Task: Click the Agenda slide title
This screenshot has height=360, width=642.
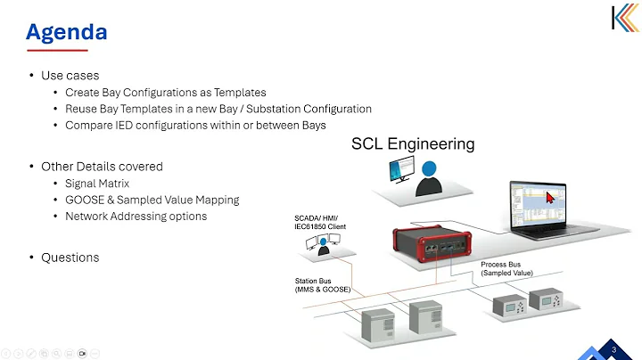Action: [66, 32]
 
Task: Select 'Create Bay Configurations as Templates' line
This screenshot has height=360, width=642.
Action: [165, 93]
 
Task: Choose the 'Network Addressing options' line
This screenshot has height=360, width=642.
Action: [136, 216]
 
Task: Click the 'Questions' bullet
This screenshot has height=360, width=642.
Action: [70, 258]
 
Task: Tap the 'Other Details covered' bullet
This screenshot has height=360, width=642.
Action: [102, 167]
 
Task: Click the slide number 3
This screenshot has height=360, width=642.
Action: [613, 349]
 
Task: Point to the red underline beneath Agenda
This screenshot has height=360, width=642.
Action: [56, 51]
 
